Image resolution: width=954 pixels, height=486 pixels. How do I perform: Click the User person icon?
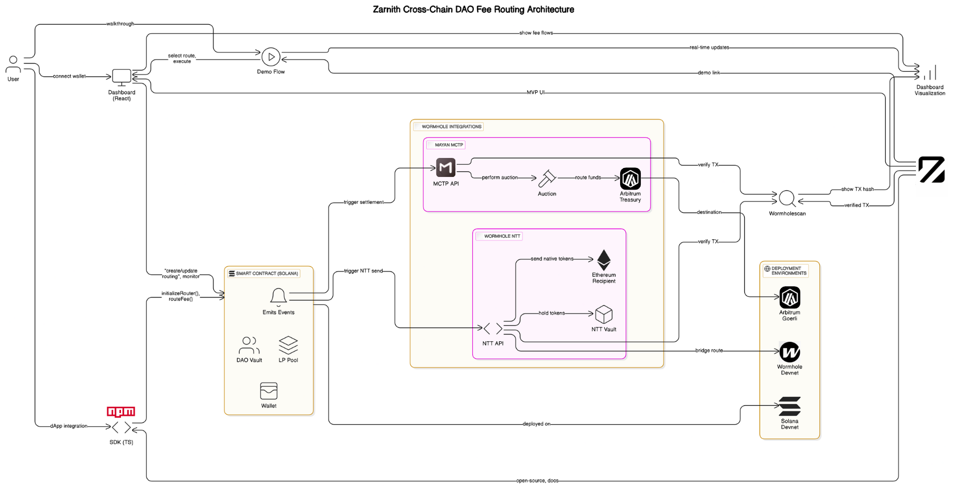[x=13, y=64]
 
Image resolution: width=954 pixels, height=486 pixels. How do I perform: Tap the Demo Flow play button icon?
[x=271, y=57]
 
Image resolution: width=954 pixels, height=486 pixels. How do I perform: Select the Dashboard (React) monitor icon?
[x=121, y=77]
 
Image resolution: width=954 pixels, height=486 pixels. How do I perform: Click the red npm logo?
[x=121, y=412]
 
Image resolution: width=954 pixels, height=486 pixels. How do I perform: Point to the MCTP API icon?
[x=446, y=168]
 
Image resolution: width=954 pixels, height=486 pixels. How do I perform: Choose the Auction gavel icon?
[x=547, y=179]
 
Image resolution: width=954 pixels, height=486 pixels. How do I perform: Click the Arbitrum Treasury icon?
[x=630, y=179]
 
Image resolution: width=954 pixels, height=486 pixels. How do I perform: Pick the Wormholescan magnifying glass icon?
[x=787, y=199]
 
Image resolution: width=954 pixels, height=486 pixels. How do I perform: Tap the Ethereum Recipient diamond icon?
[x=604, y=260]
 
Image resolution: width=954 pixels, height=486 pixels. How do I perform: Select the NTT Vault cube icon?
[x=604, y=314]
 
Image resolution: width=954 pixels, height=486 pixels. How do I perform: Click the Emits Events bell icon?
[x=278, y=296]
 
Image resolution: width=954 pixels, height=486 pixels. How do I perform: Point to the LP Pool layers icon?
[x=288, y=345]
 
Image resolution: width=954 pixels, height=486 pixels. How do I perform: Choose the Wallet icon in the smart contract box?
[x=269, y=391]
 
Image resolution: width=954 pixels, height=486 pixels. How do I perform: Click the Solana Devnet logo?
[x=790, y=406]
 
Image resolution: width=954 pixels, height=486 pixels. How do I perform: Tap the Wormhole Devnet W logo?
[x=790, y=352]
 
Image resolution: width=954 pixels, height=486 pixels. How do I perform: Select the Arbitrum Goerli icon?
[x=790, y=298]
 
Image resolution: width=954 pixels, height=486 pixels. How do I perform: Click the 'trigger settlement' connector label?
[x=363, y=202]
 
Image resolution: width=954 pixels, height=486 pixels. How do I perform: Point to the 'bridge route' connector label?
[x=709, y=351]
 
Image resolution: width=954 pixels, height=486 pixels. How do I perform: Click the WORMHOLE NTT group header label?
[x=502, y=236]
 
